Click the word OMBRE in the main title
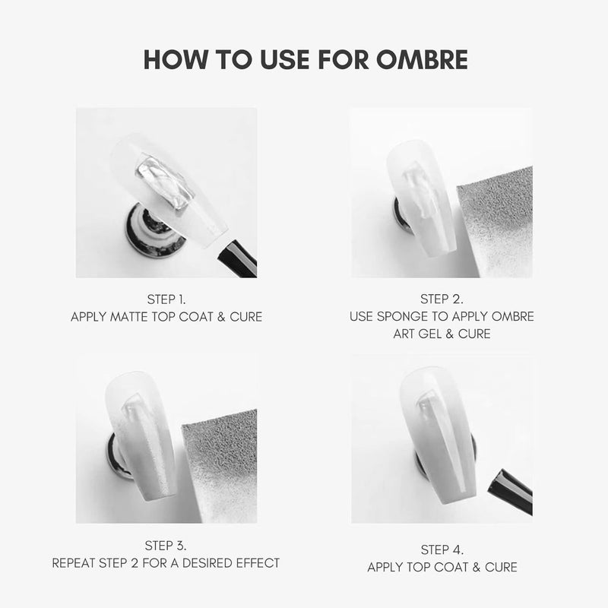[422, 59]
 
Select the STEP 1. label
[166, 299]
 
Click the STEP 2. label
[442, 299]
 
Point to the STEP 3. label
[166, 546]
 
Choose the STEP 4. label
[442, 549]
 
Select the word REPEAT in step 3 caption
[74, 563]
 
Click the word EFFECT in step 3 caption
[255, 563]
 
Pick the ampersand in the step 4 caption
[477, 567]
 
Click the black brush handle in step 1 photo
[237, 258]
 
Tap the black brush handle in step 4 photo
[510, 491]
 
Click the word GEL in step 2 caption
[430, 334]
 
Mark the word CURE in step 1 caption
[245, 317]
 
